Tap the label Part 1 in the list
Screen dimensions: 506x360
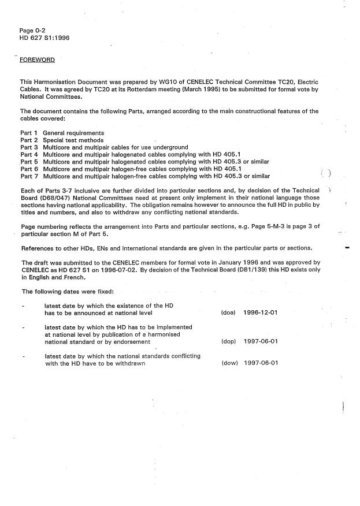[x=29, y=133]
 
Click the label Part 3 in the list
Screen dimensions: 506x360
[x=29, y=147]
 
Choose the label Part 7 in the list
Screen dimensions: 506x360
[x=29, y=176]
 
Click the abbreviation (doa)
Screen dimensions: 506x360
[x=228, y=312]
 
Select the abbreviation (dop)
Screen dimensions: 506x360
[x=228, y=341]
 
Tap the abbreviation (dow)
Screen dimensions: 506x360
[x=228, y=363]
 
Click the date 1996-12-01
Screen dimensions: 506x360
[x=261, y=312]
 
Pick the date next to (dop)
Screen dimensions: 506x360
[x=261, y=341]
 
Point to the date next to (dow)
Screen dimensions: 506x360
[x=261, y=363]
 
